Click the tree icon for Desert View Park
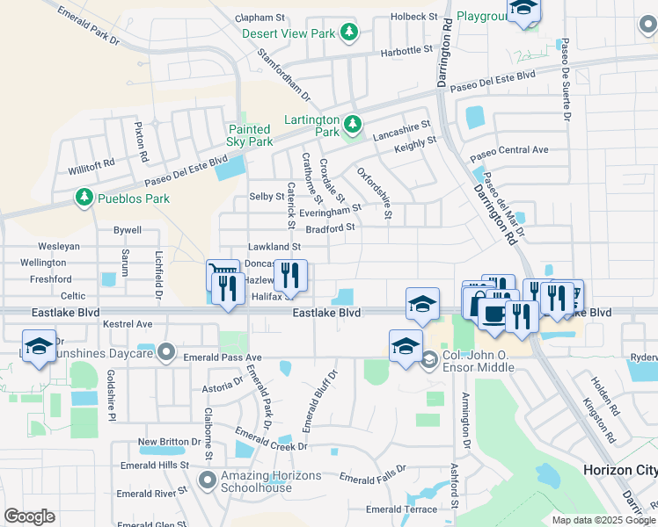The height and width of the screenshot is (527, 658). (x=350, y=33)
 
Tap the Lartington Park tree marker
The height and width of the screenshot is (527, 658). (x=353, y=124)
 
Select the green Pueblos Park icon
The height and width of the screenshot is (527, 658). (x=84, y=197)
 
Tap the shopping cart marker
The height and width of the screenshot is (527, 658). (x=223, y=275)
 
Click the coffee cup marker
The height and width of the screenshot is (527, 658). (x=493, y=314)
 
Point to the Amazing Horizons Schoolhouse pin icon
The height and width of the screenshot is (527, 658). (x=208, y=480)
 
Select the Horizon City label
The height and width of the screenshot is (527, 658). (x=619, y=470)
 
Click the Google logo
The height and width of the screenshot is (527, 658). (x=30, y=516)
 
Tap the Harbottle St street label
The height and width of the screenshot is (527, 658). (x=407, y=52)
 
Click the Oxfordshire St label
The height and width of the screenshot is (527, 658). (x=375, y=193)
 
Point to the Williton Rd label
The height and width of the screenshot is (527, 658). (x=91, y=163)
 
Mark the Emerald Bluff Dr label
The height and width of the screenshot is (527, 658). (x=320, y=402)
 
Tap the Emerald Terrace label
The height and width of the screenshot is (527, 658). (x=401, y=509)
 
